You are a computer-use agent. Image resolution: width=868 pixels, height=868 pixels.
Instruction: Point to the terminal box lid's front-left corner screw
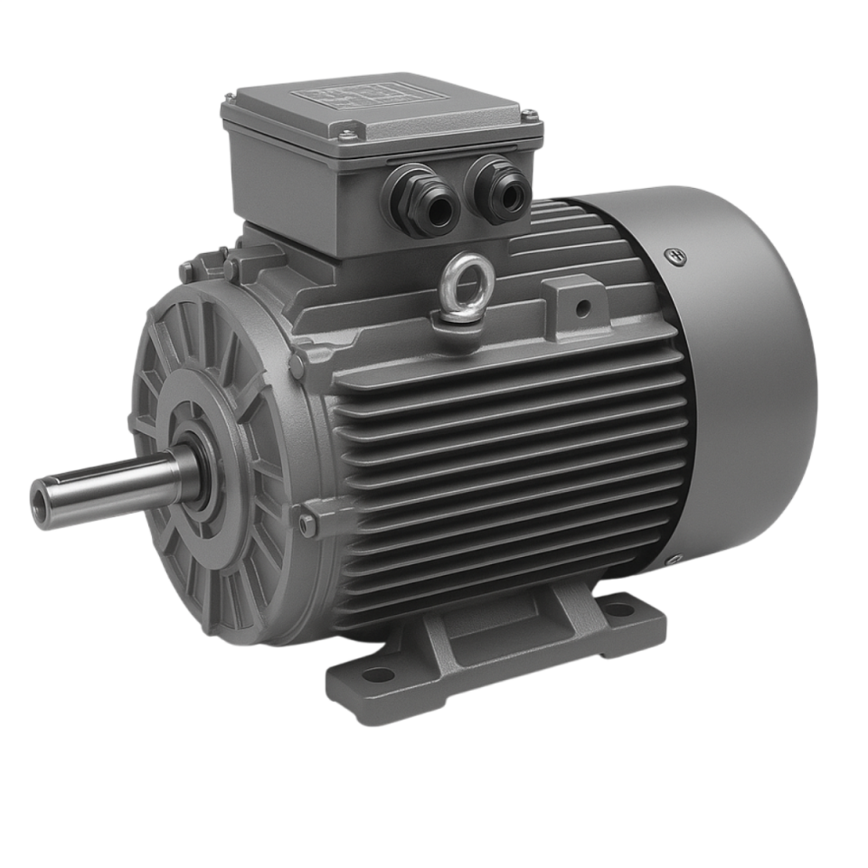pyautogui.click(x=346, y=137)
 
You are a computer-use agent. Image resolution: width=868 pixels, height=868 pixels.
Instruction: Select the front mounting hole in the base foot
pyautogui.click(x=378, y=675)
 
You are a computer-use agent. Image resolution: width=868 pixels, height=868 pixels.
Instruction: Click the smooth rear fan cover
pyautogui.click(x=741, y=380)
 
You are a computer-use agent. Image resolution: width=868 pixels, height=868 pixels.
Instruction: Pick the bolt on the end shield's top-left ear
pyautogui.click(x=188, y=269)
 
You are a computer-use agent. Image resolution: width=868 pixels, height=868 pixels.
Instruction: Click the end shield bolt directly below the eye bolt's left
pyautogui.click(x=297, y=364)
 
